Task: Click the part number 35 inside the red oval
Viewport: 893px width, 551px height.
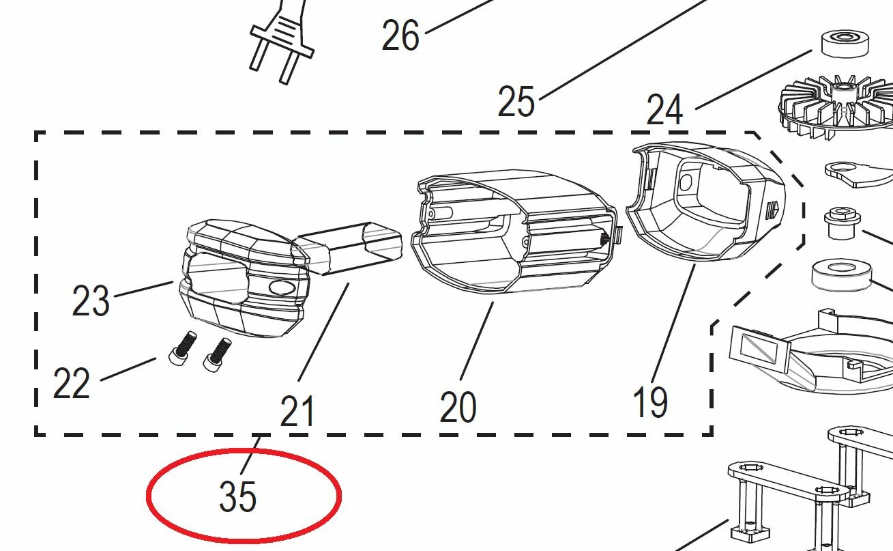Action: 237,496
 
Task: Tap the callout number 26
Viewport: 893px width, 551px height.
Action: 400,36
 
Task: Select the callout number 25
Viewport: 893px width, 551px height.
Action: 516,101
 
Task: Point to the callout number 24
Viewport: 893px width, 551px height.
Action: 664,110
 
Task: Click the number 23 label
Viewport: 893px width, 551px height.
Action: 91,300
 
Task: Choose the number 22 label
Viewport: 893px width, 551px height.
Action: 72,383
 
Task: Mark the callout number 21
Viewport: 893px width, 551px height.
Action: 297,411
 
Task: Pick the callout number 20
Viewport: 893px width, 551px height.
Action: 458,407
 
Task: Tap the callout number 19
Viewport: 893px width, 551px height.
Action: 650,402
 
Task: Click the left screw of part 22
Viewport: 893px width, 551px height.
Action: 183,348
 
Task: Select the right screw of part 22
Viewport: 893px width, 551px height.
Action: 217,355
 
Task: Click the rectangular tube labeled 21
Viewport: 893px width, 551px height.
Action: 347,248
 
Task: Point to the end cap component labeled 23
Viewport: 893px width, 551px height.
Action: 244,277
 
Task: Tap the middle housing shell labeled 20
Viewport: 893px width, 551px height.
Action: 514,231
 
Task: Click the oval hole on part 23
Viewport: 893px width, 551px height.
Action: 282,287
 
